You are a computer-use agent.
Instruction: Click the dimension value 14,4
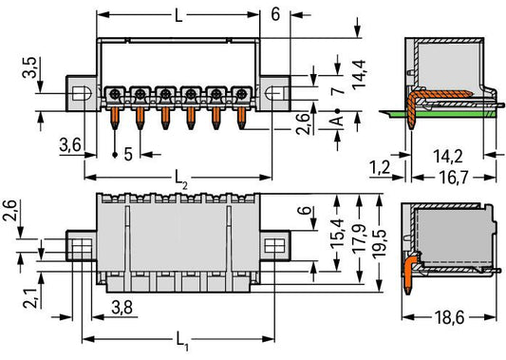[x=359, y=73]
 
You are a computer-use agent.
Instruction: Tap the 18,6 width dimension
[x=449, y=318]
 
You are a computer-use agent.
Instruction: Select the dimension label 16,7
[x=454, y=178]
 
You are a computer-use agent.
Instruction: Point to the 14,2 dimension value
[x=447, y=157]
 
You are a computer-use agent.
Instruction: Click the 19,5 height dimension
[x=379, y=243]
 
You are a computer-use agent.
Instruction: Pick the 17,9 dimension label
[x=359, y=237]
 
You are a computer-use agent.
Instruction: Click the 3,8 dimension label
[x=122, y=308]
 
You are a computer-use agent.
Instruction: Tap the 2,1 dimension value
[x=30, y=298]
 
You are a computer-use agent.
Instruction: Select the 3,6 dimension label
[x=70, y=144]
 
